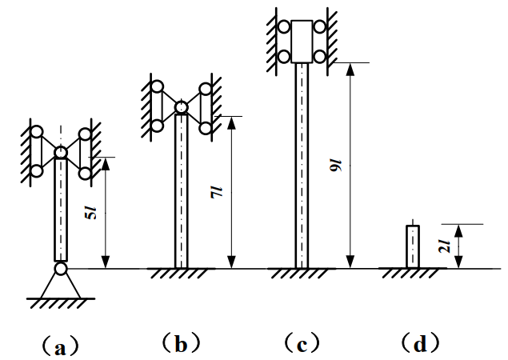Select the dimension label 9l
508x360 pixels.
pos(336,166)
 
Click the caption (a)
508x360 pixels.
pos(61,346)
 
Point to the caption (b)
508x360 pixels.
pos(181,343)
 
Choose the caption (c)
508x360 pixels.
pos(302,343)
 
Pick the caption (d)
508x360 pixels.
pos(420,343)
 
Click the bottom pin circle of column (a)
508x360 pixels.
pos(61,269)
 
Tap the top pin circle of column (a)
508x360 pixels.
pos(61,152)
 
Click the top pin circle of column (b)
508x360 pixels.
pos(181,107)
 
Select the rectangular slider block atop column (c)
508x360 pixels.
pos(302,42)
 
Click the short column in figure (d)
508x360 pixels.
pos(413,246)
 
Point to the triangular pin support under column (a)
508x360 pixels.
pos(61,286)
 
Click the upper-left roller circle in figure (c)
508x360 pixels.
pos(284,27)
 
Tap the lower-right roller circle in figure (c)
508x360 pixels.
pos(320,56)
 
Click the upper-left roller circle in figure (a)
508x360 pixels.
pos(37,132)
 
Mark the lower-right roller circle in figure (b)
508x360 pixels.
pos(206,128)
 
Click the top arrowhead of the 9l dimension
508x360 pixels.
pos(350,69)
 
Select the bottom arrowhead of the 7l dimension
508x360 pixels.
pos(231,262)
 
